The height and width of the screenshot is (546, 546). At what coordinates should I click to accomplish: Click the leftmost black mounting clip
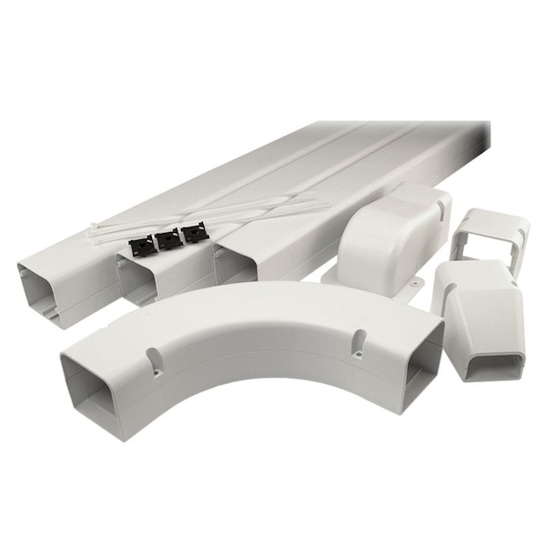[x=141, y=245]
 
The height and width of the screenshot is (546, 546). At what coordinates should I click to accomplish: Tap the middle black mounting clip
[x=167, y=240]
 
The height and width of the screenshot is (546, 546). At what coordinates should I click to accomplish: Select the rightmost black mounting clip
[x=194, y=234]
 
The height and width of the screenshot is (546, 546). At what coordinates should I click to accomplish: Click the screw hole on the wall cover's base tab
[x=416, y=285]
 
